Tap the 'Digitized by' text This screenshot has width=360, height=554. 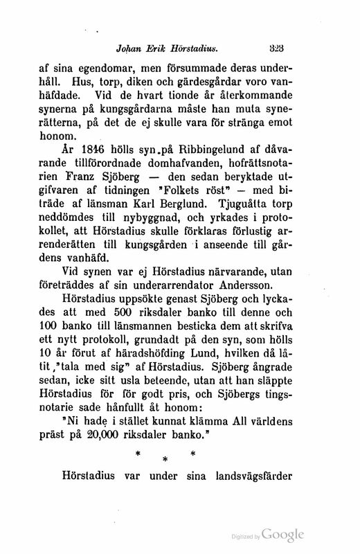(x=246, y=537)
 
